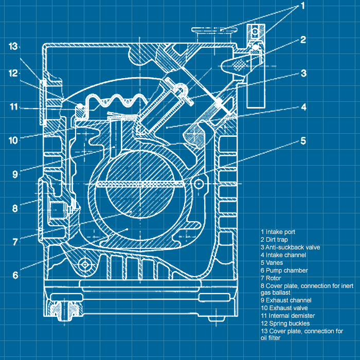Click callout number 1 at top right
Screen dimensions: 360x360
(303, 6)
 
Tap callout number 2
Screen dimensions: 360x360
(303, 39)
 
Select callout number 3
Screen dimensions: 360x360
(303, 73)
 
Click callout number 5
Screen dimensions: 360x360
(303, 140)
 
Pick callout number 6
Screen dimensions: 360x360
(15, 275)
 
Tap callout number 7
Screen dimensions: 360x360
(15, 241)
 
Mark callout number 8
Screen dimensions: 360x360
(15, 208)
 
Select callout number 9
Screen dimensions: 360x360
(15, 174)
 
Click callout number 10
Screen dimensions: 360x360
(13, 140)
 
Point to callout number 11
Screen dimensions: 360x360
(13, 107)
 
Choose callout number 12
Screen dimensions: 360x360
(13, 73)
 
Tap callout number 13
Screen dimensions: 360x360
(13, 46)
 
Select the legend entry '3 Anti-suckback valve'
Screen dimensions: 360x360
(290, 247)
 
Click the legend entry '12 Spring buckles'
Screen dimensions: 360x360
(285, 323)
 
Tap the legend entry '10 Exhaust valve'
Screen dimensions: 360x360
(285, 308)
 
